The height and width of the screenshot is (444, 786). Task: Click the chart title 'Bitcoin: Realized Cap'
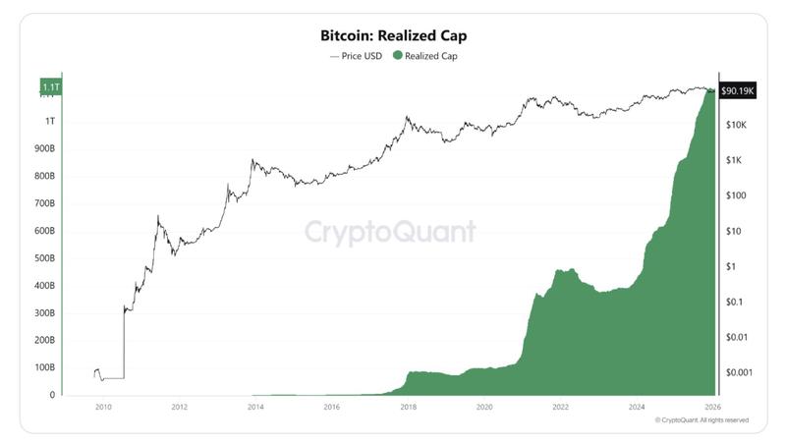393,35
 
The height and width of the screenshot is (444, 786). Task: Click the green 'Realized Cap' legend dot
398,56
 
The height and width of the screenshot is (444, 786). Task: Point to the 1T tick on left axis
49,121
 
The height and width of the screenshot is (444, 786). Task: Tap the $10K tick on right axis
738,126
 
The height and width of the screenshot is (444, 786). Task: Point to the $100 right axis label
737,196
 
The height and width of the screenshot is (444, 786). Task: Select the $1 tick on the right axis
730,266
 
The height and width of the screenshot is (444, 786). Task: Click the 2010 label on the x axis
102,406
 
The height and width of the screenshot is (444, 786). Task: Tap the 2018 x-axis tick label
408,406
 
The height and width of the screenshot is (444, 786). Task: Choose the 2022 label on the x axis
560,406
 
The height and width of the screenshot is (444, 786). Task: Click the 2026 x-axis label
713,406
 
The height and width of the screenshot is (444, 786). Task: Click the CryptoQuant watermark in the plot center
389,232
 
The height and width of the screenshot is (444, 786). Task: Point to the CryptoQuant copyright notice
702,419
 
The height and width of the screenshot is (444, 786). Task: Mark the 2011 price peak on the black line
158,216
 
